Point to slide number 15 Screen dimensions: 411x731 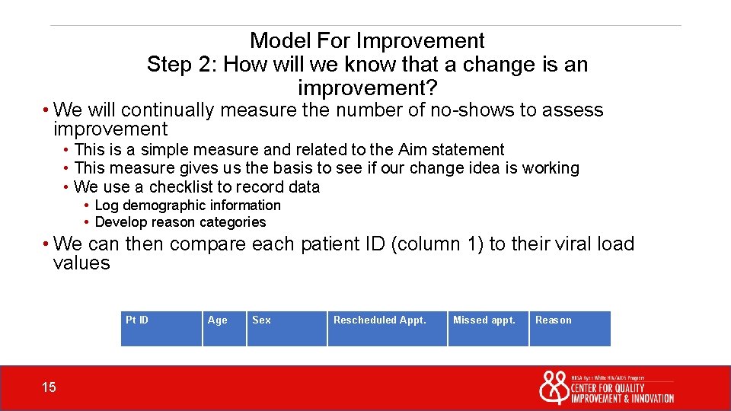coord(49,388)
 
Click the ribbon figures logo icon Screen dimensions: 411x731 coord(554,387)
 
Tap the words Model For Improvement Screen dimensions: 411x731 coord(367,40)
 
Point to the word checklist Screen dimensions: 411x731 coord(181,187)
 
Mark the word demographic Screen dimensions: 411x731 coord(165,205)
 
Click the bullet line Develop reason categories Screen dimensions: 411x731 coord(180,222)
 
